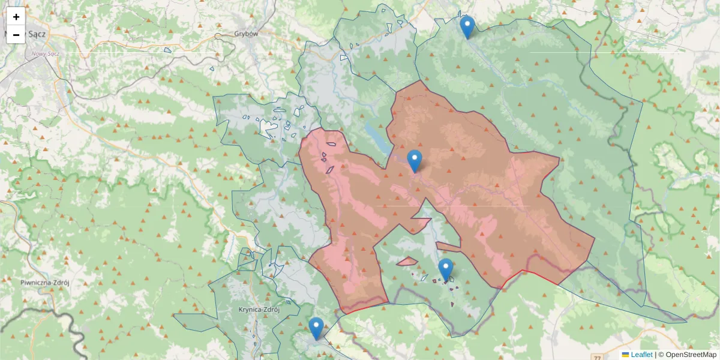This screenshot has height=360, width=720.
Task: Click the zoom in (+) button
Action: point(16,17)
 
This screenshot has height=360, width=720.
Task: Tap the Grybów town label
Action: point(246,34)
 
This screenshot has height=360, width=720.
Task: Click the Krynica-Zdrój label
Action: point(256,310)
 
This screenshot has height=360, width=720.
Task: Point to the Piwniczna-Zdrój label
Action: point(45,282)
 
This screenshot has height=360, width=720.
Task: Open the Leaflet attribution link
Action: point(641,355)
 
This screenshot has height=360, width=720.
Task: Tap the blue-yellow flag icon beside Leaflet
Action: point(625,355)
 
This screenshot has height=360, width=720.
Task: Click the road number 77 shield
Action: point(597,341)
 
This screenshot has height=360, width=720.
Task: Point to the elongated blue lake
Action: point(376,139)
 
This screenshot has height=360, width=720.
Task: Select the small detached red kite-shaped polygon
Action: point(407,262)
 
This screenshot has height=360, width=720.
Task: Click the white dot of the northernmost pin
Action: point(467,24)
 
